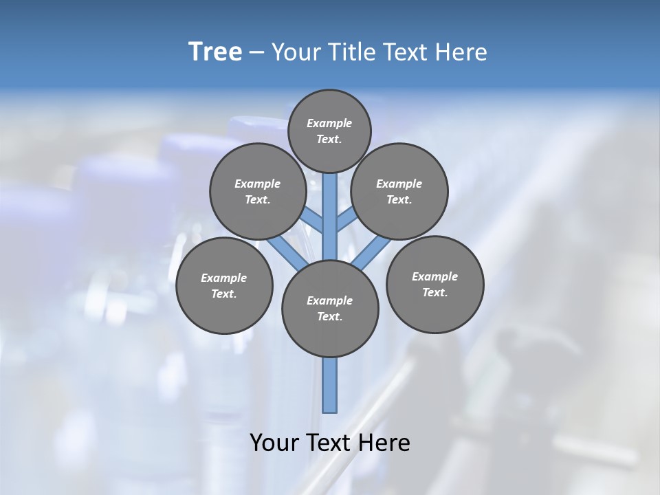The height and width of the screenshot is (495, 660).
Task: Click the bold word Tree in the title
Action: point(215,52)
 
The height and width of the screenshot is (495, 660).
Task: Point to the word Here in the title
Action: point(461,52)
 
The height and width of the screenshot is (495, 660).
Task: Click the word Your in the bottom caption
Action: point(275,443)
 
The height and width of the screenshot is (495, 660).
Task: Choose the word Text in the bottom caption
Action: point(329,443)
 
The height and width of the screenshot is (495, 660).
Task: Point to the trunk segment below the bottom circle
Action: point(330,385)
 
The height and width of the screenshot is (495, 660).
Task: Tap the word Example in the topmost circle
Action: point(329,124)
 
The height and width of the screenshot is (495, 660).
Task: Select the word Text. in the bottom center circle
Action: point(329,317)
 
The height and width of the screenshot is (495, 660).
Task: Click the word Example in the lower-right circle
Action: point(434,276)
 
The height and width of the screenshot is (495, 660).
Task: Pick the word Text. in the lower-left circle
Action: point(223,294)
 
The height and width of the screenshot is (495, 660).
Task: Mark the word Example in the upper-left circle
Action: point(258,184)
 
